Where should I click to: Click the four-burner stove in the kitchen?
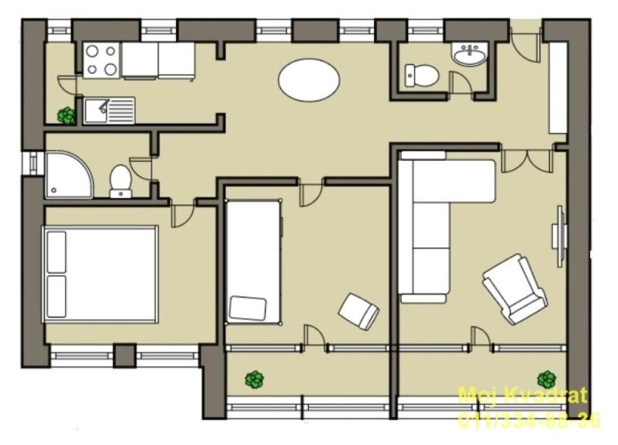coord(101,60)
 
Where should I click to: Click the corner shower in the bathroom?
coord(68,176)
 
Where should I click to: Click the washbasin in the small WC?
coord(471,55)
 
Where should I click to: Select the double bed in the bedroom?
coord(100,274)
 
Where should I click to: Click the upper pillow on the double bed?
coord(56,252)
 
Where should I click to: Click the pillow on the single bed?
coord(248,308)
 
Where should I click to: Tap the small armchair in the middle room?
coord(358,310)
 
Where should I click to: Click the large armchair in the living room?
coord(515,289)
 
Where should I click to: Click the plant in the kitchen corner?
coord(66,115)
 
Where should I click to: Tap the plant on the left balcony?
coord(254,379)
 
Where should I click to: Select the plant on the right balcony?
coord(546,378)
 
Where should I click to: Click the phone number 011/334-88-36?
coord(528,422)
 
